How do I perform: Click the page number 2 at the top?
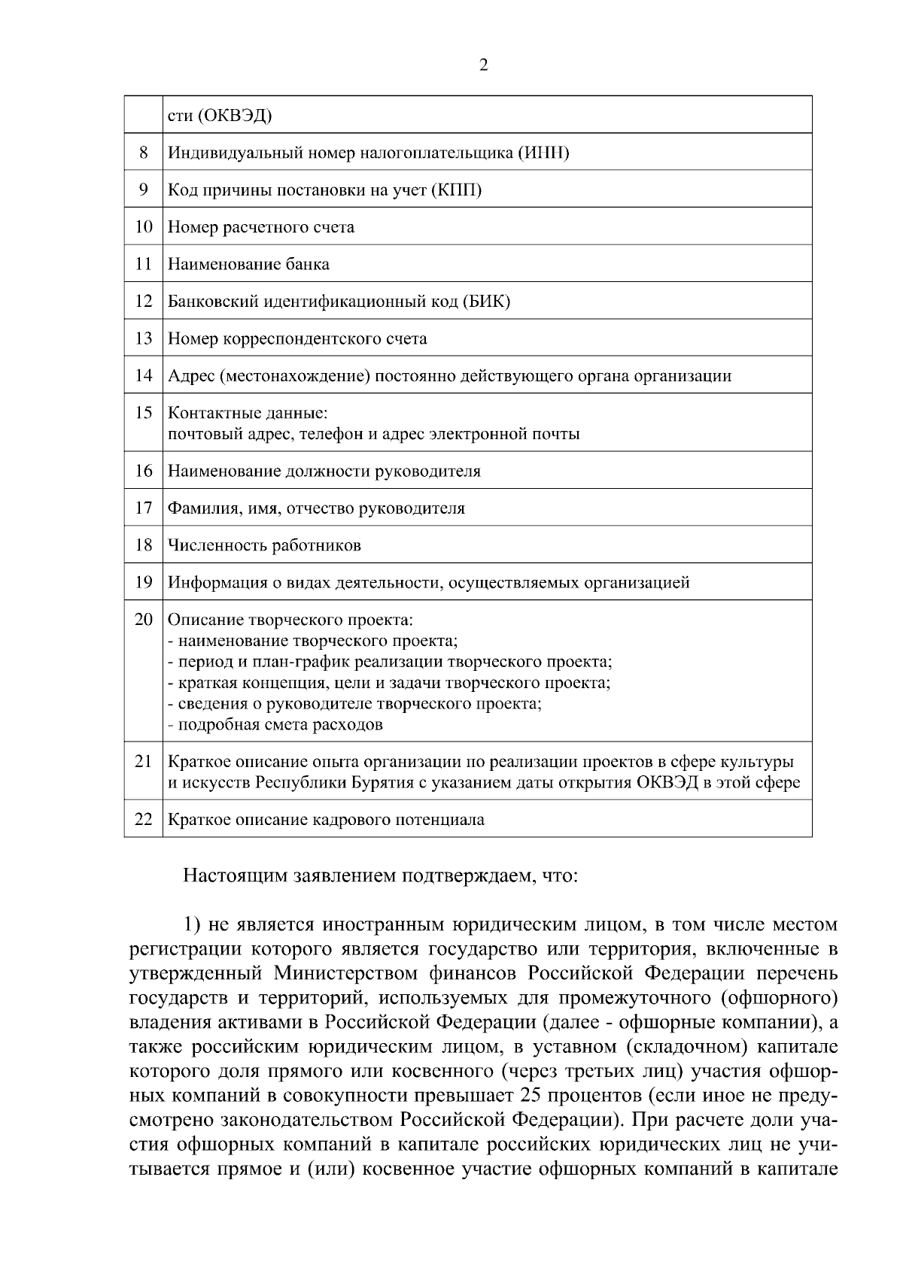tap(483, 65)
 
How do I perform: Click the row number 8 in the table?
tap(143, 153)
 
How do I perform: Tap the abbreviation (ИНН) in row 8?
tap(543, 153)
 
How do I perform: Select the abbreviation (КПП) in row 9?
tap(456, 190)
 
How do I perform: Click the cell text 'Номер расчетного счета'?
tap(260, 227)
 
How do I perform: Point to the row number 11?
tap(143, 264)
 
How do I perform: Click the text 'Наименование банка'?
tap(248, 264)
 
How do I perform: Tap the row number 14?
tap(143, 375)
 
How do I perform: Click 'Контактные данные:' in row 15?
tap(248, 414)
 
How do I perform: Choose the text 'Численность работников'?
tap(264, 545)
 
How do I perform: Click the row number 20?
tap(143, 620)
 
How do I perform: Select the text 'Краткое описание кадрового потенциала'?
tap(326, 820)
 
